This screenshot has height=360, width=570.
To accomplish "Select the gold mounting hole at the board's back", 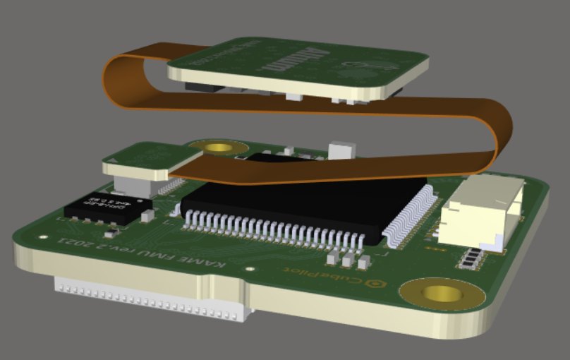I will click(221, 148).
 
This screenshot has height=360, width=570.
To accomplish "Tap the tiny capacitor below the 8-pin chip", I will click(111, 233).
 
